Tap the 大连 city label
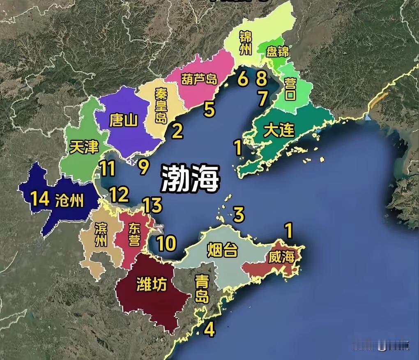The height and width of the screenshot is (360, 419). click(279, 130)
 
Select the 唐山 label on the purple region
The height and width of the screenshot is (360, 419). click(124, 120)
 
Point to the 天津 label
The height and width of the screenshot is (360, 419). click(84, 146)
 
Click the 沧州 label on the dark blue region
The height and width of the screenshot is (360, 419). click(69, 201)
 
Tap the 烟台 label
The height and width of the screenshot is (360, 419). click(222, 249)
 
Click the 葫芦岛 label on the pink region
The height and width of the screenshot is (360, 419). click(199, 79)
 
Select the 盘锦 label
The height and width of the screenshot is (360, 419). click(278, 52)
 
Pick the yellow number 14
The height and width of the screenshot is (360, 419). click(40, 199)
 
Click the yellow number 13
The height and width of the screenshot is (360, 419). click(152, 205)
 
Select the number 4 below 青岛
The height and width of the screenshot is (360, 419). click(209, 329)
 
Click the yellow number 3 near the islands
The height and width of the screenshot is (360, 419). click(239, 214)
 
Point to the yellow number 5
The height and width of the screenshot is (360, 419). click(209, 110)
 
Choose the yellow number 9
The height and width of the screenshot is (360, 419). click(143, 166)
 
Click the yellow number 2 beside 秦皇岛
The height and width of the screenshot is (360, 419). click(177, 131)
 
